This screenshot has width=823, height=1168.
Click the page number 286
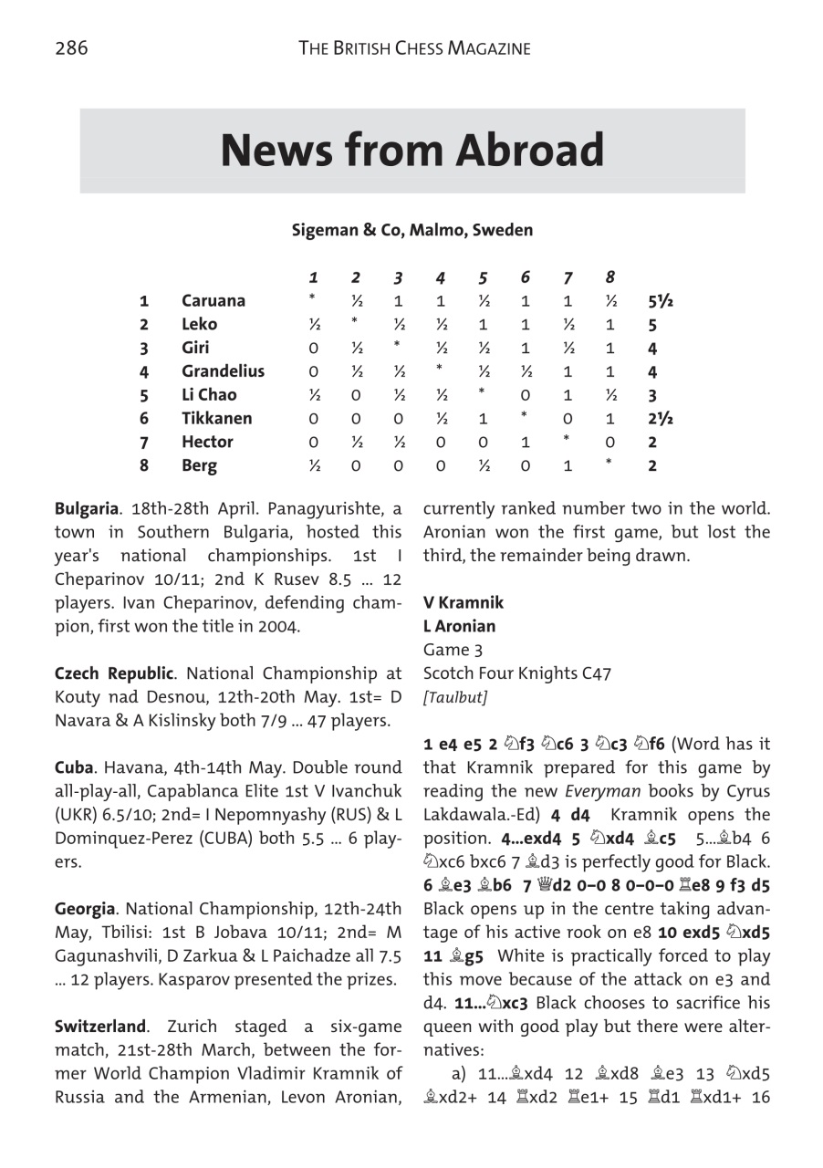pos(71,48)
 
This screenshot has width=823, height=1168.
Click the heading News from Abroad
pos(411,151)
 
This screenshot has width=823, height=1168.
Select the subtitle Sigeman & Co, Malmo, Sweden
pos(411,230)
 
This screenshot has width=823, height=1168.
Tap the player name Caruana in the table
pos(213,301)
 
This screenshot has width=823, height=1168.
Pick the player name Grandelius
pos(223,371)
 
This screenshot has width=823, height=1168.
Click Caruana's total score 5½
pos(661,301)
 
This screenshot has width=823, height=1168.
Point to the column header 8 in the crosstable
pos(609,277)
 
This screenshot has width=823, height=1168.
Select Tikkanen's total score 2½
pos(661,419)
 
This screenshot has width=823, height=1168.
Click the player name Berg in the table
pos(199,465)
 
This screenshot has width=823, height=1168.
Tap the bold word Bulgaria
pos(86,508)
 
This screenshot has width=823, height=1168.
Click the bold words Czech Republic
pos(113,673)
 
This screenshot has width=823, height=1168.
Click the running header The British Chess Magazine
pos(414,48)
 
